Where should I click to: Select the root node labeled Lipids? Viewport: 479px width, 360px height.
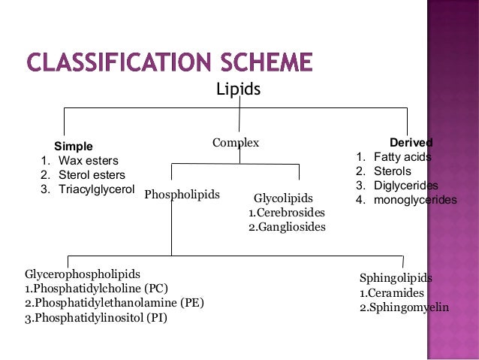[238, 89]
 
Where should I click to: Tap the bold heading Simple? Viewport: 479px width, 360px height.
[73, 146]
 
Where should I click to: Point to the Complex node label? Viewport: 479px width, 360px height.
[235, 142]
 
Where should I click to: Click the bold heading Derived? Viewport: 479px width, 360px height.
[411, 142]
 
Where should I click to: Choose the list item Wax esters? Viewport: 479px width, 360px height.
[88, 161]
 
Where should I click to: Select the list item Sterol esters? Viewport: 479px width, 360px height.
[92, 175]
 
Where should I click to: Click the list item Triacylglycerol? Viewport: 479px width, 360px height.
[96, 189]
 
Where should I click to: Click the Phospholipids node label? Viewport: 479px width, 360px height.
[182, 194]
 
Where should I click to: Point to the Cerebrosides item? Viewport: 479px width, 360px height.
[287, 213]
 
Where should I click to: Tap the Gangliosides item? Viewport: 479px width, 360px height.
[287, 226]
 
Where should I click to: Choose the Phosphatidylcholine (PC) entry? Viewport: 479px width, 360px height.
[97, 288]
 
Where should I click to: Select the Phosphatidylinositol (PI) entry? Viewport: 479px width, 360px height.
[96, 317]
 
